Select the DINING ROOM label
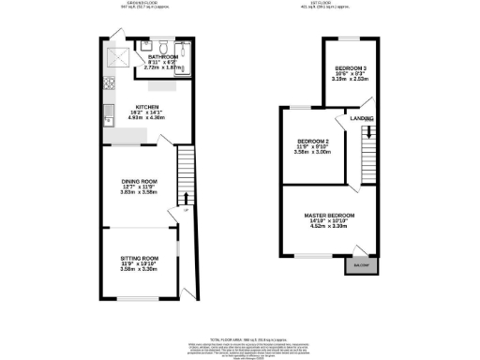point(139,181)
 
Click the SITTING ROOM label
point(139,257)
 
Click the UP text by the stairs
point(186,211)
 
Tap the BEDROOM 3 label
point(351,69)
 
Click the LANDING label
point(362,119)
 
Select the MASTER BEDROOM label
point(327,216)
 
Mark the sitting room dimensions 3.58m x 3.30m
point(139,269)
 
